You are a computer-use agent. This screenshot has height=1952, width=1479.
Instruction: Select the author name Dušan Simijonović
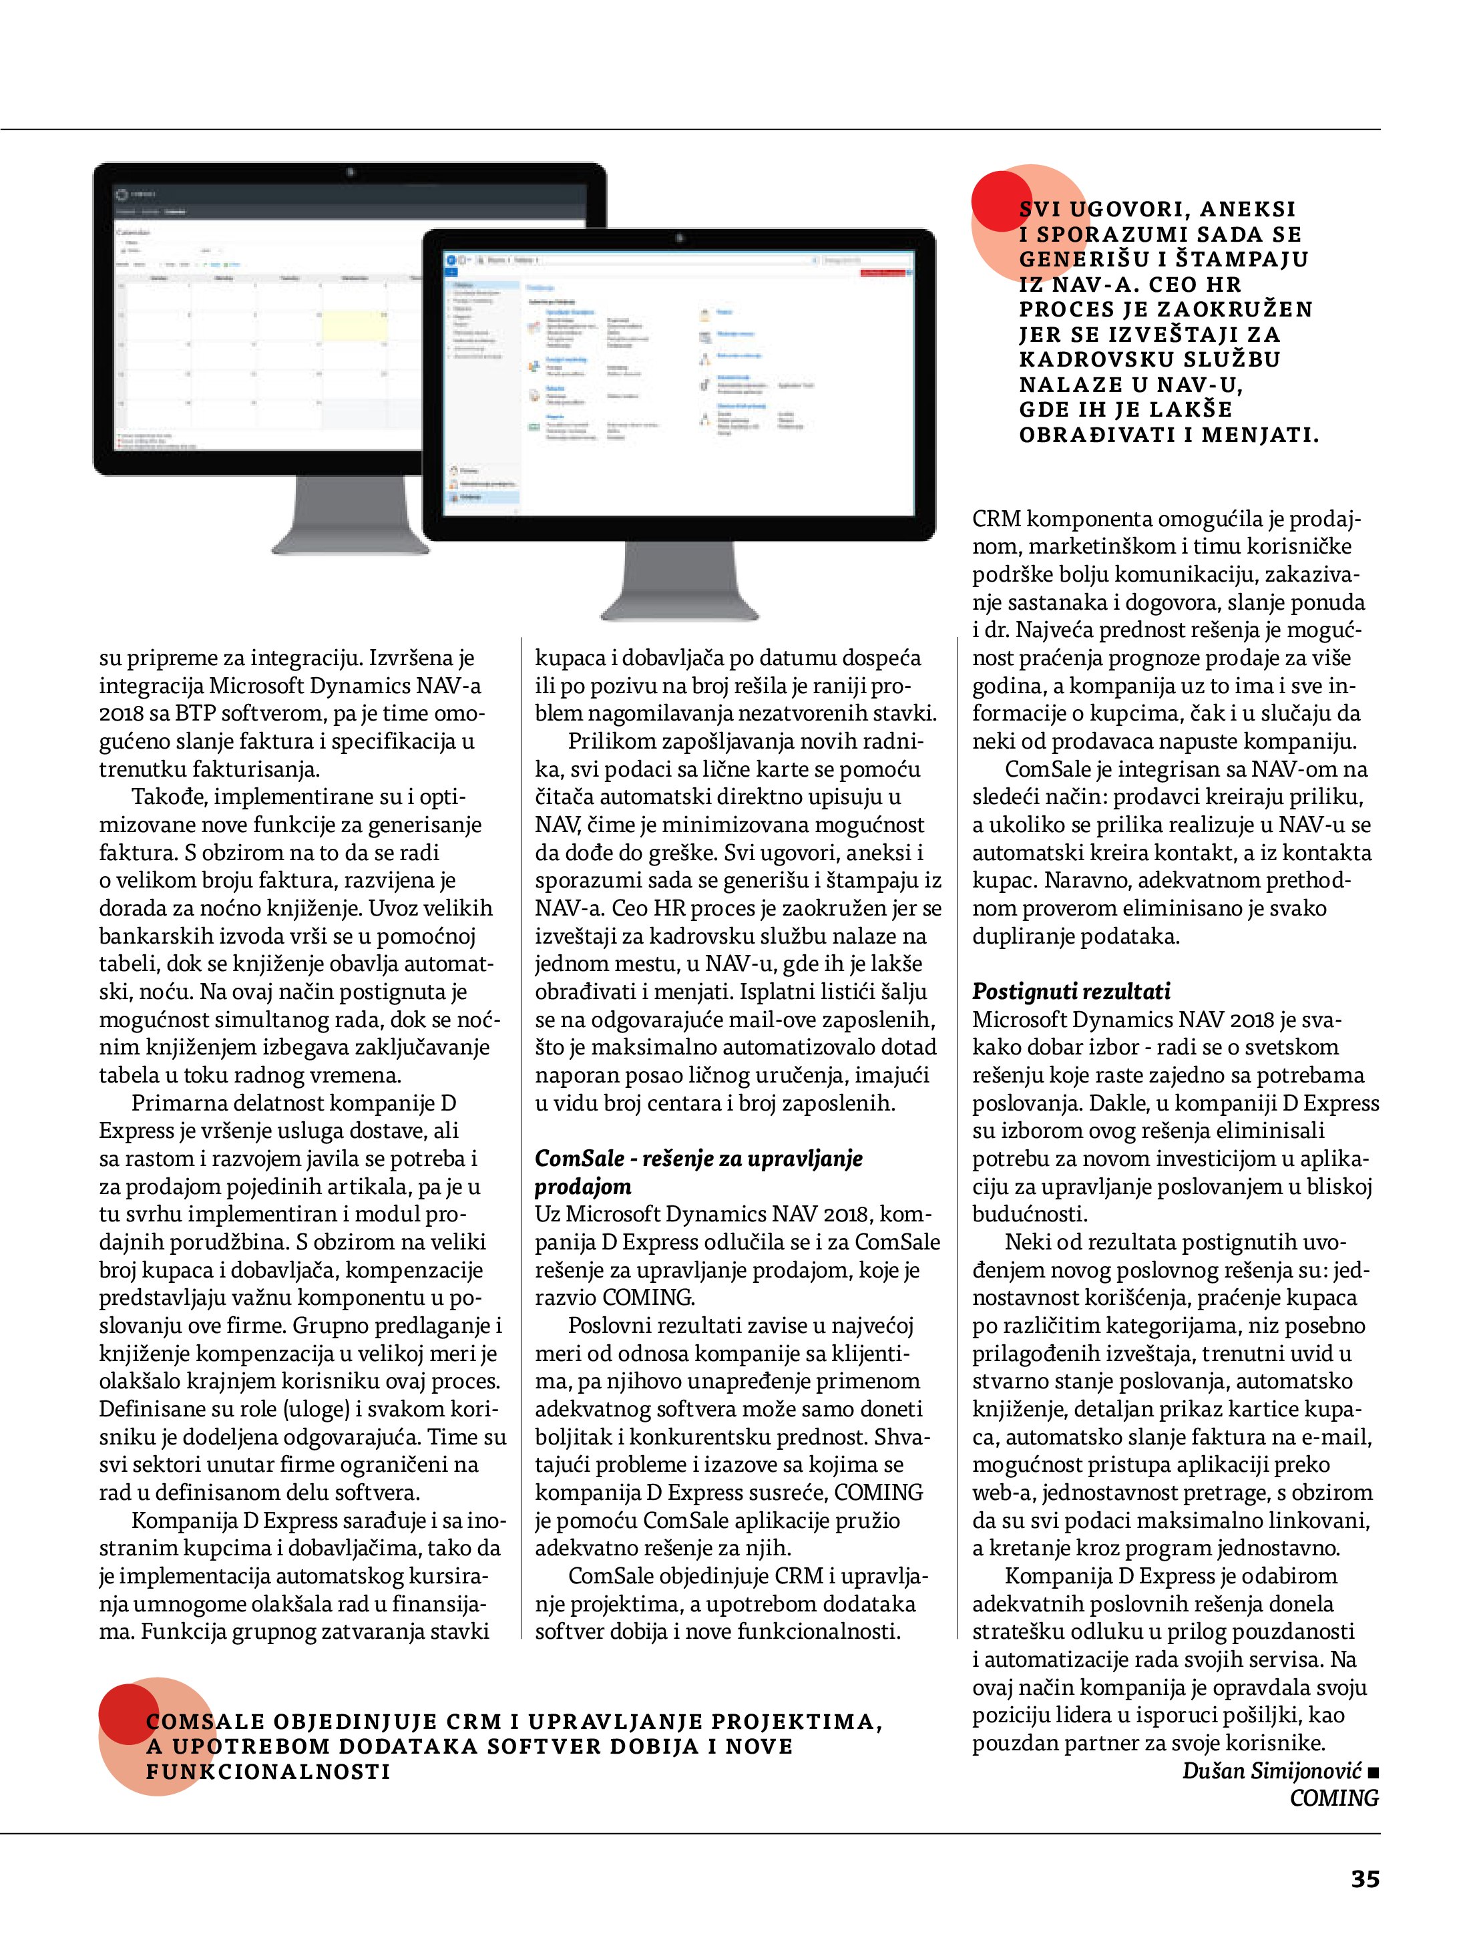(1271, 1770)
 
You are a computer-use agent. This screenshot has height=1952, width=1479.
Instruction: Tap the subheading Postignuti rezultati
(1071, 991)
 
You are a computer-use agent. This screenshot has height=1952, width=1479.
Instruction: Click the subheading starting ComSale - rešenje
(698, 1159)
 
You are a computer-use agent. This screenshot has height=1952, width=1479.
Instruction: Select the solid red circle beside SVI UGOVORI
(1002, 202)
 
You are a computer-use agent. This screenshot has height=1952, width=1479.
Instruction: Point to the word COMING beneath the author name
(1333, 1798)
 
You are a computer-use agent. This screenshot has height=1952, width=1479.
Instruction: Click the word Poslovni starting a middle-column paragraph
(614, 1326)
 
